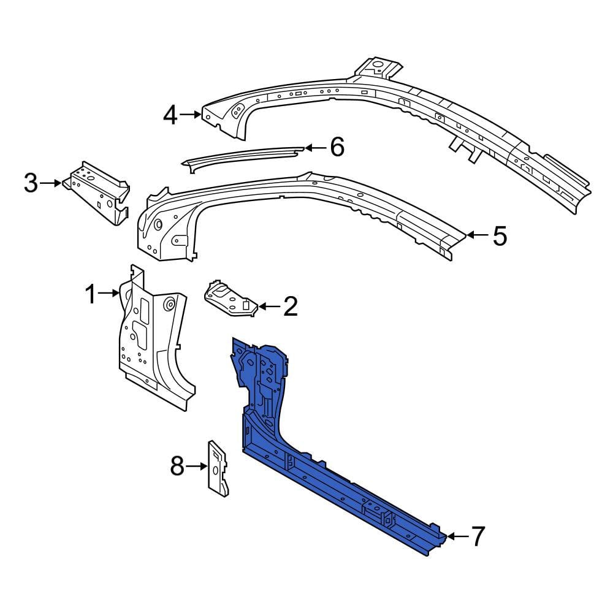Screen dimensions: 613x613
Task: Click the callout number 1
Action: tap(90, 294)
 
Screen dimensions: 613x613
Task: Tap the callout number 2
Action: tap(291, 306)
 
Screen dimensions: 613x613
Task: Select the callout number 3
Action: tap(31, 183)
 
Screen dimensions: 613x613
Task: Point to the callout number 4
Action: tap(170, 115)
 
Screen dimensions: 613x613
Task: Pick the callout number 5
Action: tap(500, 236)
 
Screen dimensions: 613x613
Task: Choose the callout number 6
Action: tap(337, 147)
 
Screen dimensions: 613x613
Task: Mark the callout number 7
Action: tap(478, 536)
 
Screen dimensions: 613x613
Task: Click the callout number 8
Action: tap(177, 466)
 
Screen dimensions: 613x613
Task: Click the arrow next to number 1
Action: tap(109, 293)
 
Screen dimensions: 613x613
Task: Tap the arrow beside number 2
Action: tap(269, 306)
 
